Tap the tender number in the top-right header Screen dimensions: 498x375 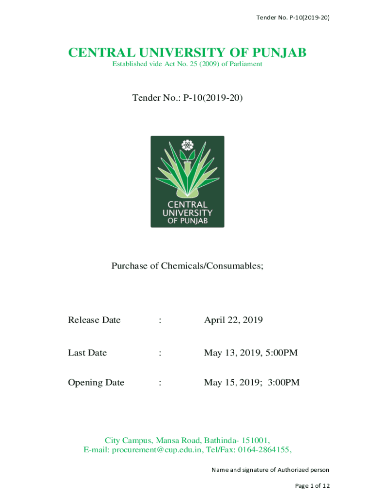308,18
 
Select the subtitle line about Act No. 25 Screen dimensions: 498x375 187,64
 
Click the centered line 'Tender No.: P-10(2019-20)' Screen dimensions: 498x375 187,98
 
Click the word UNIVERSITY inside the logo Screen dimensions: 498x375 187,213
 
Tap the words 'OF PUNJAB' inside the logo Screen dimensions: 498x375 187,221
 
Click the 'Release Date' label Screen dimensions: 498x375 94,320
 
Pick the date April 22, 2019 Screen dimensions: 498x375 233,320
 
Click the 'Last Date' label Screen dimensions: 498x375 87,353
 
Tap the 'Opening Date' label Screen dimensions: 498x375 96,383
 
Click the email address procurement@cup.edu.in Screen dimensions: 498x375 157,450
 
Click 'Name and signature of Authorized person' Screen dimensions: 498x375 270,470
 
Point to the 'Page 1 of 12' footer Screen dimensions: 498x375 312,485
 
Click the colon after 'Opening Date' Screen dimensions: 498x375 160,383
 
